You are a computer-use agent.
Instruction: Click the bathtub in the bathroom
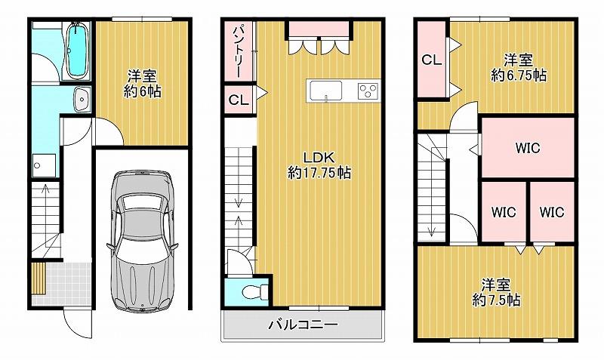pyautogui.click(x=77, y=50)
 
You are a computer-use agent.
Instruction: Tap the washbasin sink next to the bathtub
pyautogui.click(x=82, y=99)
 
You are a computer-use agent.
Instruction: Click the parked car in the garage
pyautogui.click(x=143, y=239)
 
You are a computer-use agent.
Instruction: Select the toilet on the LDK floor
pyautogui.click(x=255, y=291)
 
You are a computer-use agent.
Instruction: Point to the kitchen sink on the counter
pyautogui.click(x=326, y=91)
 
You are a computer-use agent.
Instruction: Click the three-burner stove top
pyautogui.click(x=368, y=91)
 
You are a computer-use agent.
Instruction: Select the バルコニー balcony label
pyautogui.click(x=303, y=325)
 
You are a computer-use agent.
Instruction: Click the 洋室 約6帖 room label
pyautogui.click(x=142, y=84)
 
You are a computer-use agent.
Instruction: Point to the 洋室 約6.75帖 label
pyautogui.click(x=519, y=68)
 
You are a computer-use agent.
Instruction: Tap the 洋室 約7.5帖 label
pyautogui.click(x=496, y=292)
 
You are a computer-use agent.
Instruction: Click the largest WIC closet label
pyautogui.click(x=528, y=148)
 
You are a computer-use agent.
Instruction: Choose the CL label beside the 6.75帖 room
pyautogui.click(x=431, y=60)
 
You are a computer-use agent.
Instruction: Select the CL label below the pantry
pyautogui.click(x=239, y=100)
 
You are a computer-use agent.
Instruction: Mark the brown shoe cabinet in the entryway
pyautogui.click(x=39, y=278)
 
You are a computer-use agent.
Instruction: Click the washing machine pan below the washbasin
pyautogui.click(x=45, y=165)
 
